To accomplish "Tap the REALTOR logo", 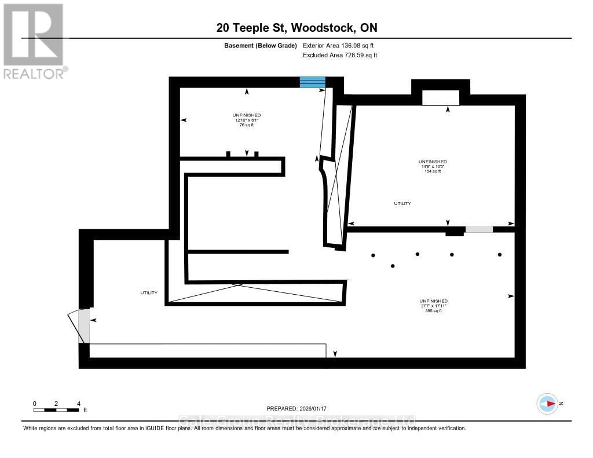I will (x=34, y=41).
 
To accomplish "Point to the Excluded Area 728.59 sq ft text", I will (x=340, y=55).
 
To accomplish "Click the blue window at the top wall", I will (x=312, y=82).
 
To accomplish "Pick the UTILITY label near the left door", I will (x=149, y=293).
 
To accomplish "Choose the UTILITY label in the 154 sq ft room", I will (x=402, y=204).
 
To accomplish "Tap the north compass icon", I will (x=547, y=404).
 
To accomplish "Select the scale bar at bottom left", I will (x=56, y=410).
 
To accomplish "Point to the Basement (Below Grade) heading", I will (x=260, y=45).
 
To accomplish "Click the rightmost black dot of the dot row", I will (x=500, y=254).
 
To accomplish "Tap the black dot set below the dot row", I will (x=393, y=266).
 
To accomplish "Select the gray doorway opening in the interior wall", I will (x=479, y=229).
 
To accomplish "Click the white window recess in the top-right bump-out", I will (x=441, y=98).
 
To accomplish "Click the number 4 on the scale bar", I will (x=78, y=404).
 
